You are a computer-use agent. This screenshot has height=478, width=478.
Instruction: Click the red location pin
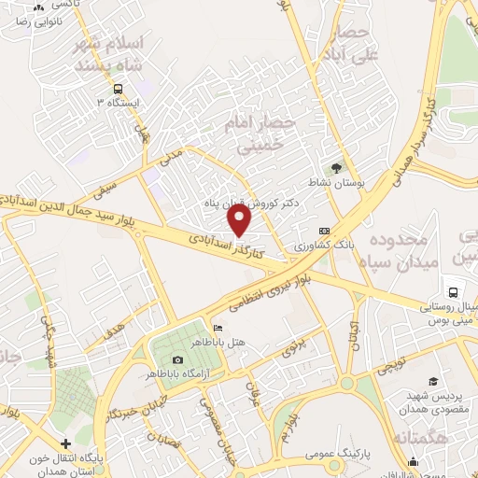(240, 220)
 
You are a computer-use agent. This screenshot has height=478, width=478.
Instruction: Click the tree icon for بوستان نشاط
(336, 168)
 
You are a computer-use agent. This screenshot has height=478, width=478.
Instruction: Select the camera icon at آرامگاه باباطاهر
(177, 360)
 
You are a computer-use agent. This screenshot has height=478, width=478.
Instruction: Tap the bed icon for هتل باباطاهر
(218, 329)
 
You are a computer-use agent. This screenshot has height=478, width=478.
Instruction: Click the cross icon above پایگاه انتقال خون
(64, 443)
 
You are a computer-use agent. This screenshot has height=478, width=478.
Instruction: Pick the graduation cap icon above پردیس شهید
(433, 381)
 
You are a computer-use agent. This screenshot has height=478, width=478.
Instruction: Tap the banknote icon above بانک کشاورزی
(324, 231)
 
